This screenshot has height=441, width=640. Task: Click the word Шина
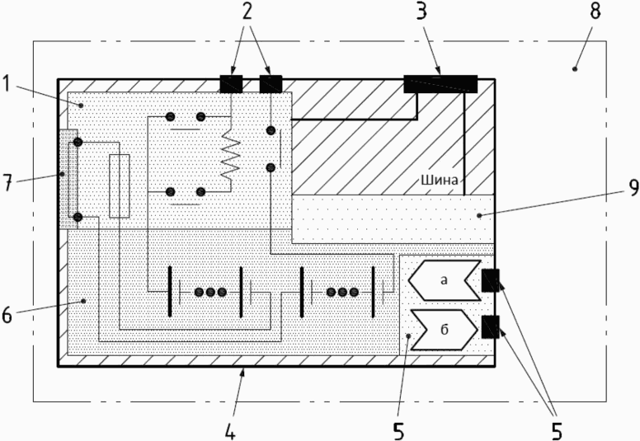click(x=440, y=180)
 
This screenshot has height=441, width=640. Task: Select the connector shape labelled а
click(x=445, y=280)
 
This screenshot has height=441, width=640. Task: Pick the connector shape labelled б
click(x=444, y=330)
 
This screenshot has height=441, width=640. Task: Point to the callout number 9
click(x=633, y=188)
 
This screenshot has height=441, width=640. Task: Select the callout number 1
click(x=6, y=83)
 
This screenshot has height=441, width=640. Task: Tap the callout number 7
click(x=7, y=183)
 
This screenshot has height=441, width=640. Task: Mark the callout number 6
click(x=7, y=315)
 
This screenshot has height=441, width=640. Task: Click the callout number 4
click(x=230, y=432)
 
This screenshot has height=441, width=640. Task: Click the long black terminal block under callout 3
click(x=440, y=84)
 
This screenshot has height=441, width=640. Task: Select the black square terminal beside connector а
click(x=490, y=280)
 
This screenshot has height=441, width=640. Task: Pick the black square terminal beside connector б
click(x=490, y=327)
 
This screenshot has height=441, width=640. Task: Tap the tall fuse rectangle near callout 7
click(x=120, y=186)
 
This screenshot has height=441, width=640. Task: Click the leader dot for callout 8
click(x=575, y=68)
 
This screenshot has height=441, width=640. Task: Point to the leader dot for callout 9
click(x=479, y=215)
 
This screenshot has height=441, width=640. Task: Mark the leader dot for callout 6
click(x=83, y=301)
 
